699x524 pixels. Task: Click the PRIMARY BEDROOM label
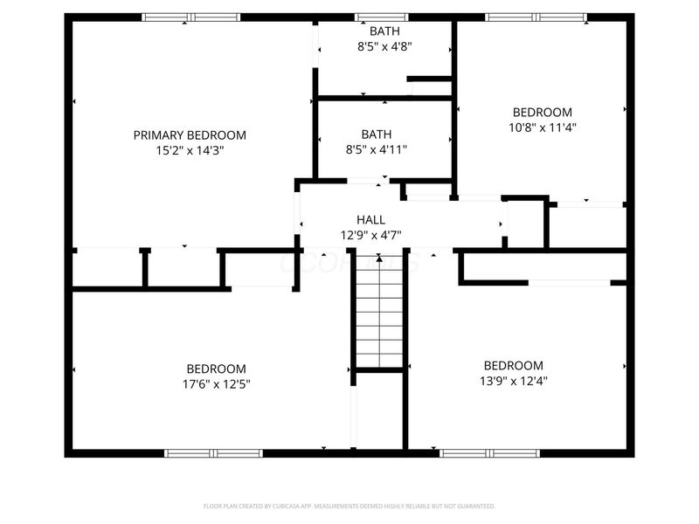point(190,135)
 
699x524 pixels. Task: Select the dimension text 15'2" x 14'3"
point(190,150)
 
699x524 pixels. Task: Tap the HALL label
point(370,220)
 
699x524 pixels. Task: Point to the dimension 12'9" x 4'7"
point(370,234)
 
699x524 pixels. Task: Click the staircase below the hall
point(379,314)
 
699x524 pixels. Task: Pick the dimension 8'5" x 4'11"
point(377,149)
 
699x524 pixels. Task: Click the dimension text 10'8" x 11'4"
point(542,127)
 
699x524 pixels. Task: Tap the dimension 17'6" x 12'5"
point(216,383)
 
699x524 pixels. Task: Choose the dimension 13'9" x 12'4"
point(514,380)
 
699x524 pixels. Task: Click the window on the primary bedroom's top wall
point(190,17)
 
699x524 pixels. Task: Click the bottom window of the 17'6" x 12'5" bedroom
point(214,452)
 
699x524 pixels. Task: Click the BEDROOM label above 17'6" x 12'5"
point(216,369)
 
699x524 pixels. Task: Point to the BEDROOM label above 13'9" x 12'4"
point(514,365)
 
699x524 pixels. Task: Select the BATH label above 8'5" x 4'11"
point(377,134)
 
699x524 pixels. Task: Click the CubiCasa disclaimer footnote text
point(349,506)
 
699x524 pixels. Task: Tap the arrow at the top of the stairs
point(379,259)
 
